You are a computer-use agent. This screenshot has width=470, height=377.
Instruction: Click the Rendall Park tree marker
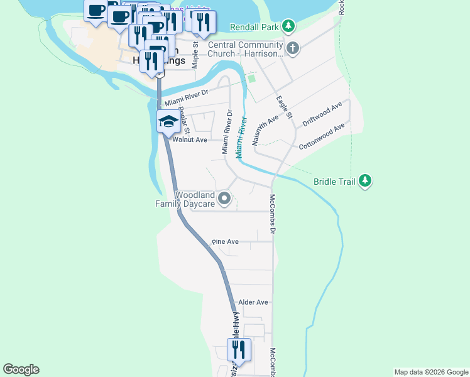point(288,26)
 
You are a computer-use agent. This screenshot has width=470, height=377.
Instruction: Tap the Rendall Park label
point(254,27)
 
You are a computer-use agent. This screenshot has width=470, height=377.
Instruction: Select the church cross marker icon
point(292,48)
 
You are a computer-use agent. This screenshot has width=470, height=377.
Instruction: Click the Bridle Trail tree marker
point(365,182)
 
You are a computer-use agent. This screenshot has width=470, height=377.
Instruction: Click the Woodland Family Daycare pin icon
point(224,200)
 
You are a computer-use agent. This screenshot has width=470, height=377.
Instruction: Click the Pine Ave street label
point(225,241)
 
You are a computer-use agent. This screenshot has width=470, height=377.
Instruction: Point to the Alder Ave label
point(253,302)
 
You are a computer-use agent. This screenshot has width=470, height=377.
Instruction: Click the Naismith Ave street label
point(265,131)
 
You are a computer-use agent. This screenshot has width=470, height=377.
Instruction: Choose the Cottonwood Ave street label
point(322,136)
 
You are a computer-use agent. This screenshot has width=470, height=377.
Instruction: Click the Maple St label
point(195,55)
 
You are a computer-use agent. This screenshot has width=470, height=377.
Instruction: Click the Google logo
point(21,369)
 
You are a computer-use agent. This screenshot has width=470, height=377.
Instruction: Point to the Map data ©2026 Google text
point(430,372)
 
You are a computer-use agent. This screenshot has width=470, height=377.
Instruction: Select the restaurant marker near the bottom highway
point(239,349)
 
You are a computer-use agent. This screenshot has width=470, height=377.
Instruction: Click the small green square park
point(252,79)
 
